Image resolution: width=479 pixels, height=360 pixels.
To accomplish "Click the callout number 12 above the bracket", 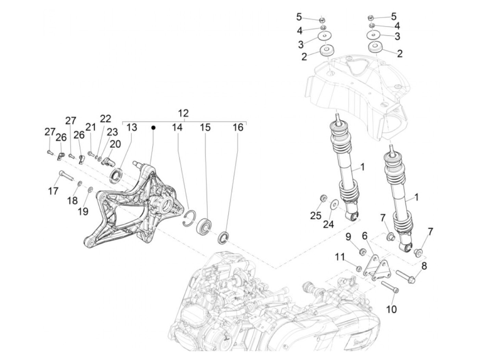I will coord(183,113).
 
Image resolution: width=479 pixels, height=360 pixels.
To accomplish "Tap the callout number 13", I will coord(132,127).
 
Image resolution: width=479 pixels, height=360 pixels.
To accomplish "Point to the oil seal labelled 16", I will coord(225,237).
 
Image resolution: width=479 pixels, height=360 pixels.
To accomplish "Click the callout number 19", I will coord(82,211).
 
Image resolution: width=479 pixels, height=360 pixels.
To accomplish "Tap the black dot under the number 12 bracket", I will coord(154,128).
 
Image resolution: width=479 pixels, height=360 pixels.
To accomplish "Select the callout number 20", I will coord(115,144).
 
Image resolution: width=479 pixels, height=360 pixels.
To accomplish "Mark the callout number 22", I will coord(105,119).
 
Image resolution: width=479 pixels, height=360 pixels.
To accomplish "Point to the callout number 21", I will coord(90,127).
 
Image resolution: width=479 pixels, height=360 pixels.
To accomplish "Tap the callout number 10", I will coord(391,309).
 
